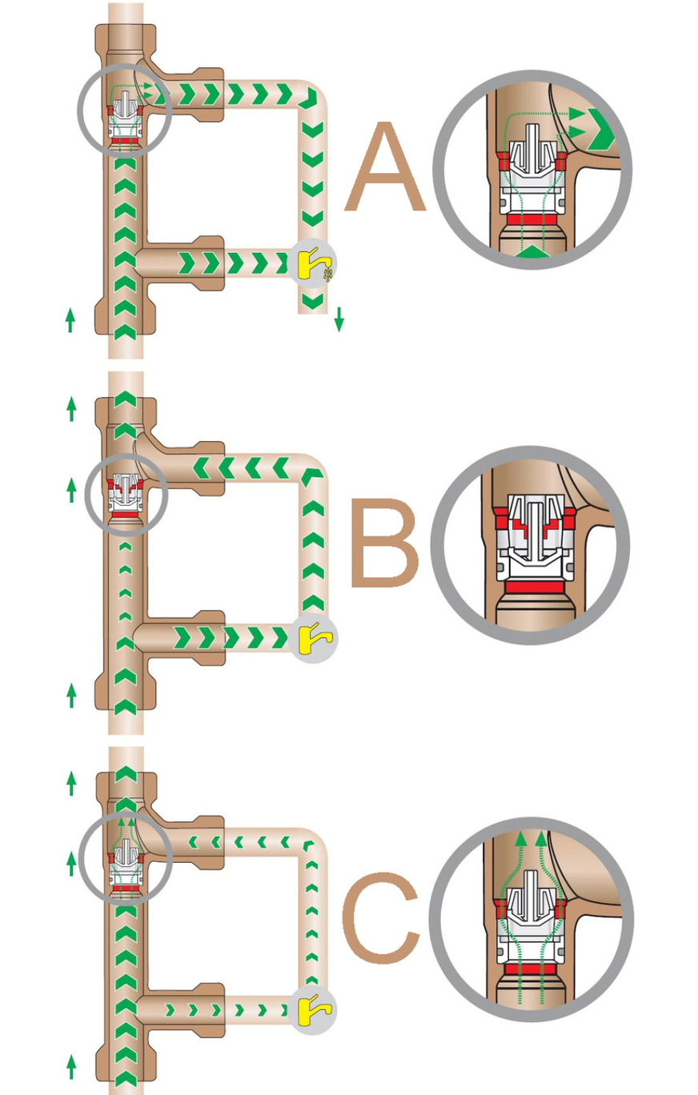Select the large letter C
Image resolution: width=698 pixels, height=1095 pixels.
tap(380, 918)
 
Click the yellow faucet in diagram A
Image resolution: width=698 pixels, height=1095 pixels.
tap(311, 263)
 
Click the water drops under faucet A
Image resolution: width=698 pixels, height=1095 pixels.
tap(328, 274)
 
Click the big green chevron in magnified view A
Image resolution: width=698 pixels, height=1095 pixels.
tap(602, 129)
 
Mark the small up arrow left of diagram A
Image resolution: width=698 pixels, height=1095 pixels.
tap(70, 319)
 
